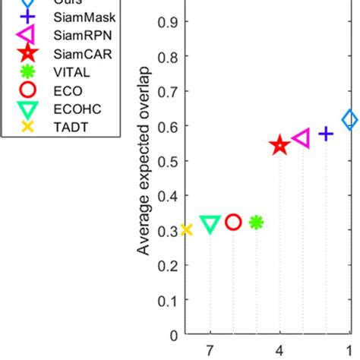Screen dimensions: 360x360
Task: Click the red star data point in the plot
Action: [279, 145]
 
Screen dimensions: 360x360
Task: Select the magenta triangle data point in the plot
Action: [302, 138]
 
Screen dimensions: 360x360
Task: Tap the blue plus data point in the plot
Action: [326, 134]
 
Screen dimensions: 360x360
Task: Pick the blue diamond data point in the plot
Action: [349, 119]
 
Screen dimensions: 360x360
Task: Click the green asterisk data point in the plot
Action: [257, 222]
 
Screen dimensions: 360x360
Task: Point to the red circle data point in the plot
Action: [233, 222]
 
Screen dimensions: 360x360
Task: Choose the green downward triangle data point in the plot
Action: [210, 224]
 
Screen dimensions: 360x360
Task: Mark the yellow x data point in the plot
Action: [187, 229]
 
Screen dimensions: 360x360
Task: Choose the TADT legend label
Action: [68, 128]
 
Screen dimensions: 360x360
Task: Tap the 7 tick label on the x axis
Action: [210, 351]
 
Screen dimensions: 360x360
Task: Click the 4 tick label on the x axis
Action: [279, 351]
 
